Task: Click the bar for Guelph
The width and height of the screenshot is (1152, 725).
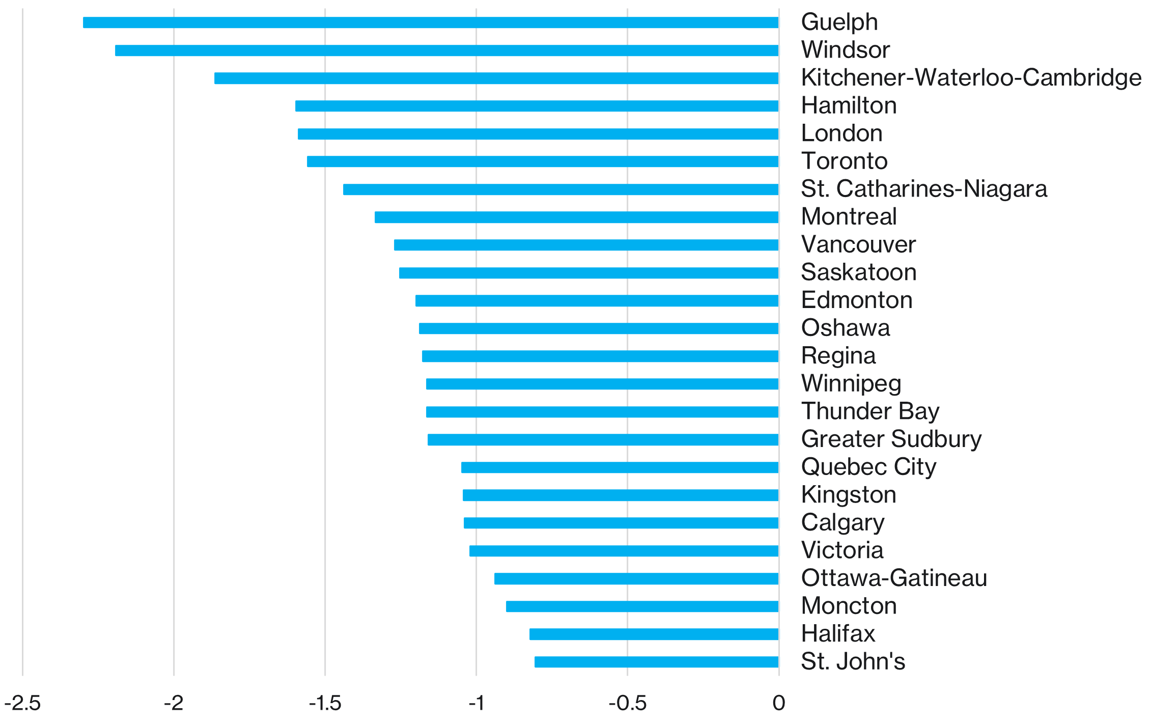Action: tap(431, 22)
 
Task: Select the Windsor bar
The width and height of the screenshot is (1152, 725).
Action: tap(446, 50)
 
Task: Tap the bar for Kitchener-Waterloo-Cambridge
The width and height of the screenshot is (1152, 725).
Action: tap(496, 78)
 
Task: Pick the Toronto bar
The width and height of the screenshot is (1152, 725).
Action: tap(543, 161)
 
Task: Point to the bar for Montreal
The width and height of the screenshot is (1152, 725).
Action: tap(576, 217)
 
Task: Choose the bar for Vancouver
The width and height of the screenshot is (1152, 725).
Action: tap(586, 245)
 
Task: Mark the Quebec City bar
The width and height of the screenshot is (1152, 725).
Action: tap(620, 467)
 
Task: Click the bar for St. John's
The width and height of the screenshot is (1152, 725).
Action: tap(656, 662)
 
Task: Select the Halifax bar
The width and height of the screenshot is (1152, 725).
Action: tap(654, 634)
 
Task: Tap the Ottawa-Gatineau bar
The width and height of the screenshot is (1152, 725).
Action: tap(636, 578)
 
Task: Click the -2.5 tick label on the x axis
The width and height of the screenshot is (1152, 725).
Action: tap(22, 703)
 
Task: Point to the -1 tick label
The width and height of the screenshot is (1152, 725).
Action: tap(476, 703)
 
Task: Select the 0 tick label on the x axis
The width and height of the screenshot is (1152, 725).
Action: tap(778, 703)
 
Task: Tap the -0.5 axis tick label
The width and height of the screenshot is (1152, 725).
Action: tap(627, 703)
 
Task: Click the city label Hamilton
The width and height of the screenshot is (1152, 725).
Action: tap(849, 106)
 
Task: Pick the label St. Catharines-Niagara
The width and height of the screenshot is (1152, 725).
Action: tap(924, 189)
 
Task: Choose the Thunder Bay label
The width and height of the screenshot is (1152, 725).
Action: tap(870, 411)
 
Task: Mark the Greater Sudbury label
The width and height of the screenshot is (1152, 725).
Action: tap(891, 439)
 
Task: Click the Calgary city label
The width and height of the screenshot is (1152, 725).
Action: tap(842, 523)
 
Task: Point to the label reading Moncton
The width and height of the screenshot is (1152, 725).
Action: tap(849, 606)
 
